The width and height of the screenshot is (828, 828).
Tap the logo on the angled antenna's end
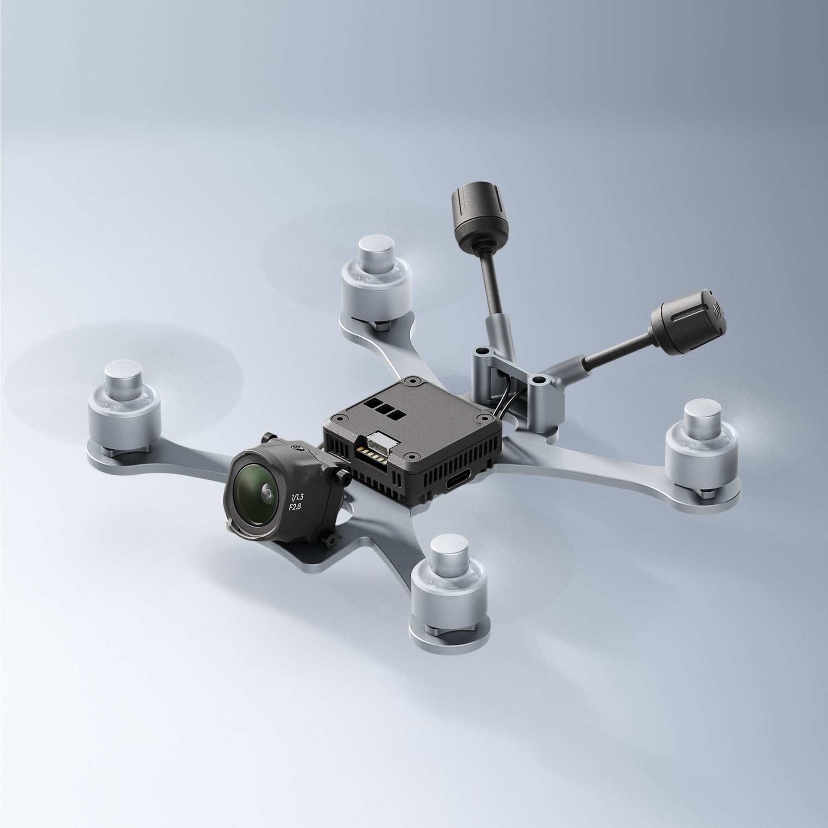pyautogui.click(x=716, y=309)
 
